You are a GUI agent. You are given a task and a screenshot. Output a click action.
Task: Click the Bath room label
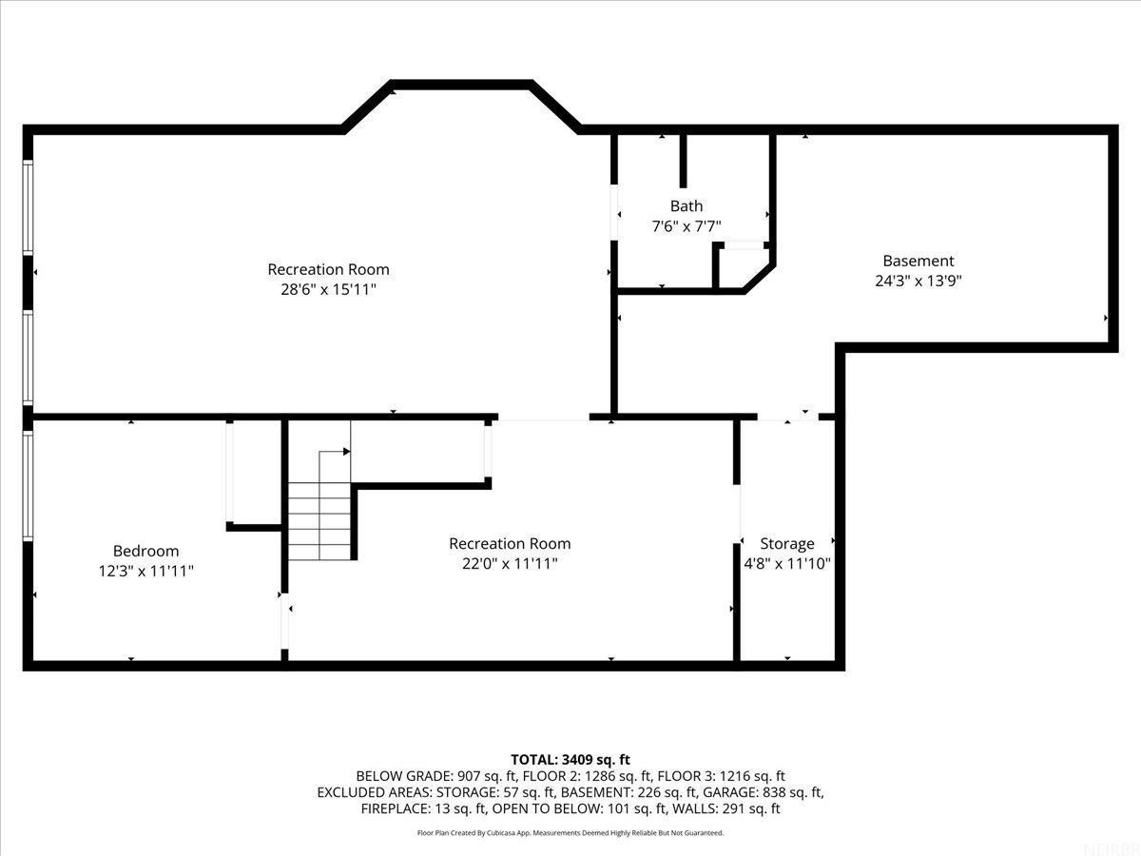687,205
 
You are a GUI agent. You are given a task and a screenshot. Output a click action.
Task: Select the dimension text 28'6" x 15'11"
328,289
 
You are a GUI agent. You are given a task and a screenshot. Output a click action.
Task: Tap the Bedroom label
145,551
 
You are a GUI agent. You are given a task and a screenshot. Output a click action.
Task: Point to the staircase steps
320,521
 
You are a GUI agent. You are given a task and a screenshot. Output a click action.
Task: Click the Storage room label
786,543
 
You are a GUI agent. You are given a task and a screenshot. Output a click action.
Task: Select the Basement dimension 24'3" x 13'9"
918,281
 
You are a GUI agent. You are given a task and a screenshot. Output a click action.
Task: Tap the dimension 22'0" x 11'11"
510,563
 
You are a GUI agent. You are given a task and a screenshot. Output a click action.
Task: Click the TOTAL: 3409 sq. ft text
570,759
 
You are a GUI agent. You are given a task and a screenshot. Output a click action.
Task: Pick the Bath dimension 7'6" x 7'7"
687,226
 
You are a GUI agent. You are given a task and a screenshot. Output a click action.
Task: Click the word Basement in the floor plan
918,261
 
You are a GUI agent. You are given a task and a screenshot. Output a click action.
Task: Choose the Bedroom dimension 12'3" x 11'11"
145,571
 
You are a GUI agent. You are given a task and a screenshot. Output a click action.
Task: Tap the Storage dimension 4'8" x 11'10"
786,563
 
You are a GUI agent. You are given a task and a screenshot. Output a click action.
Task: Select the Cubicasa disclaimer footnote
570,832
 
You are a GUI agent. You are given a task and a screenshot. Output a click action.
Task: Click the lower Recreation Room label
510,543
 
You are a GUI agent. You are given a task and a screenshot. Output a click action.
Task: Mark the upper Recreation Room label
328,269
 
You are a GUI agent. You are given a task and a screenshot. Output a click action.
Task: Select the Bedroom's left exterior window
29,485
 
